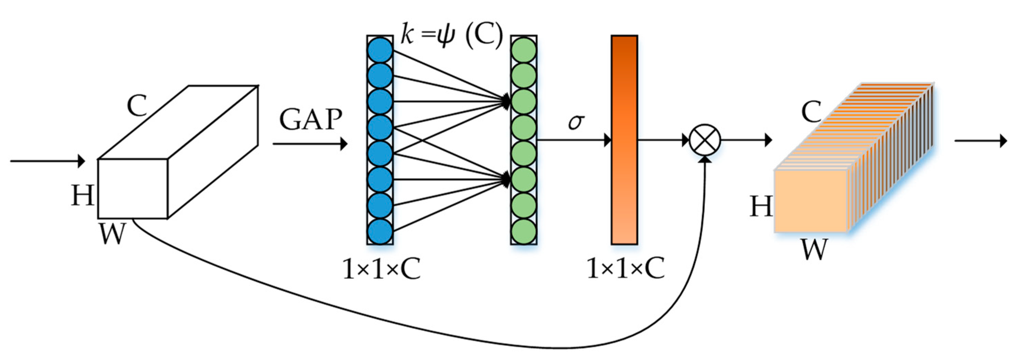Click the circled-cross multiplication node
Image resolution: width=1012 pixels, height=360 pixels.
[705, 140]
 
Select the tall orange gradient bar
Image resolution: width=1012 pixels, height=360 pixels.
[624, 140]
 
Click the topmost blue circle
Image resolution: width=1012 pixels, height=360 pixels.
[380, 50]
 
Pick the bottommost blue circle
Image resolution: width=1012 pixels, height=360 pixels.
[380, 231]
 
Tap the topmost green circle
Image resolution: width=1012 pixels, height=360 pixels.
[524, 50]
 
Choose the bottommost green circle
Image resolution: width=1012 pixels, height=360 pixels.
[524, 231]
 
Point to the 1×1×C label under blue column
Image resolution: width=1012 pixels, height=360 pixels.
[381, 270]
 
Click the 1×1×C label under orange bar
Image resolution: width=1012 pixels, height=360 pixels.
[626, 269]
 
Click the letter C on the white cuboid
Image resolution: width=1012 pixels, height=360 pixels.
[137, 106]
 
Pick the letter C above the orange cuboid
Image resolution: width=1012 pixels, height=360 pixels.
[811, 112]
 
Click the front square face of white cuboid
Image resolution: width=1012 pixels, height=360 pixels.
[133, 189]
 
